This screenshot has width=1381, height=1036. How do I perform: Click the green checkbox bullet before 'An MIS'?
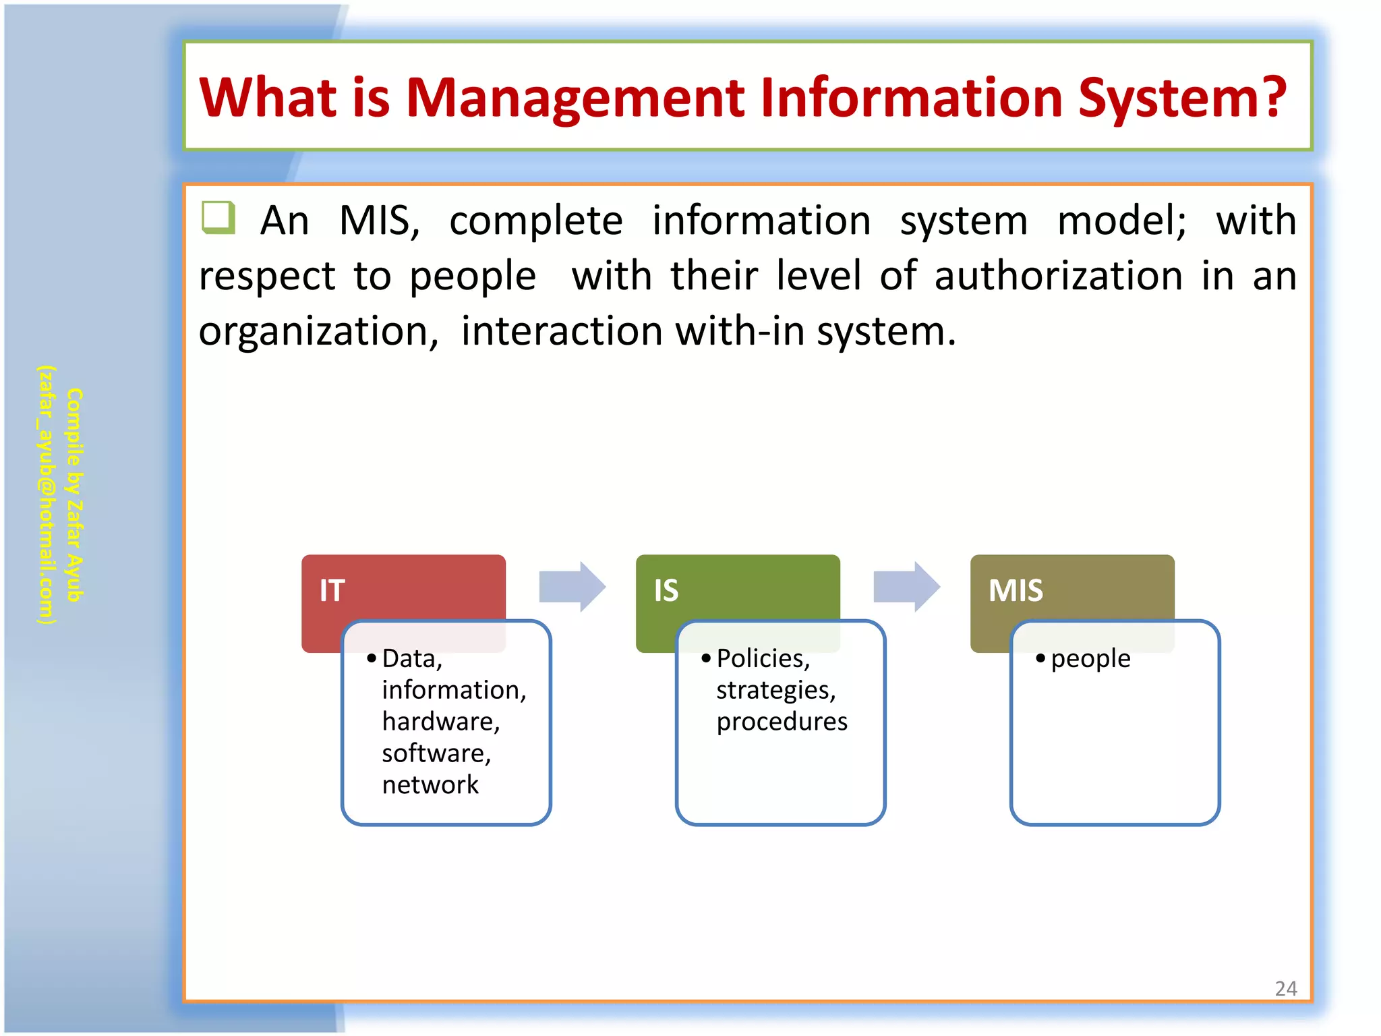[x=218, y=217]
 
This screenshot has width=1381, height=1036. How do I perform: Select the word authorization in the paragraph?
[x=1058, y=276]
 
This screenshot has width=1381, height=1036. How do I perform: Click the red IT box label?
[x=332, y=590]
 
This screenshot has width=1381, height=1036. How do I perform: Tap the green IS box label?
[x=666, y=590]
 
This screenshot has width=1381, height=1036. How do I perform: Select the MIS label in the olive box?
[x=1016, y=590]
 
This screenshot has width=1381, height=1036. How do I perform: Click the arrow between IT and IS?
[x=572, y=586]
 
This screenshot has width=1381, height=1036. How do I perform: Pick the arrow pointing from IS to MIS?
[x=906, y=586]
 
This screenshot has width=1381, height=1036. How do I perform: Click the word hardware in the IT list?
[x=440, y=721]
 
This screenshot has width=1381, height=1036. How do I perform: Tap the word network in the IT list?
[x=430, y=784]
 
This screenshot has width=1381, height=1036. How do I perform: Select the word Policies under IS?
[x=763, y=658]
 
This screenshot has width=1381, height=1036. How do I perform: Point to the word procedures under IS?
[x=782, y=721]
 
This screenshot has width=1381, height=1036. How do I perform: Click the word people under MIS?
[x=1090, y=658]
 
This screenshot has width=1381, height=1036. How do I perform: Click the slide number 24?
[x=1285, y=988]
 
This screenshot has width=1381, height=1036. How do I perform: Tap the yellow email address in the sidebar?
[x=46, y=494]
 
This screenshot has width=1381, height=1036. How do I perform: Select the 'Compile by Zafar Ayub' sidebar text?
[x=75, y=494]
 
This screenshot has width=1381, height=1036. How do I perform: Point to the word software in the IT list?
[x=436, y=753]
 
